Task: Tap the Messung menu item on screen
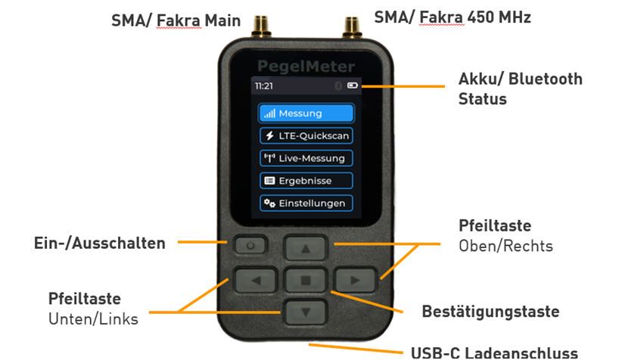306,113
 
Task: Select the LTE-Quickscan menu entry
306,135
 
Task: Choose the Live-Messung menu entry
306,158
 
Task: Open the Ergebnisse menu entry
306,181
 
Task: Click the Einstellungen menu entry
306,203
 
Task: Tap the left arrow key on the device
256,281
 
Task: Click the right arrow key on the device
355,281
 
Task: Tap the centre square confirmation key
306,281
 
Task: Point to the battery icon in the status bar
353,85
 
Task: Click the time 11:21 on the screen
264,86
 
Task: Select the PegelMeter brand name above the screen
306,67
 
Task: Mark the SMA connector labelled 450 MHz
351,27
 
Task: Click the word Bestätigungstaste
490,312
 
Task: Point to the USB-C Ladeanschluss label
494,352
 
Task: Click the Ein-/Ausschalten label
100,243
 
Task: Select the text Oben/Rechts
505,247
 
